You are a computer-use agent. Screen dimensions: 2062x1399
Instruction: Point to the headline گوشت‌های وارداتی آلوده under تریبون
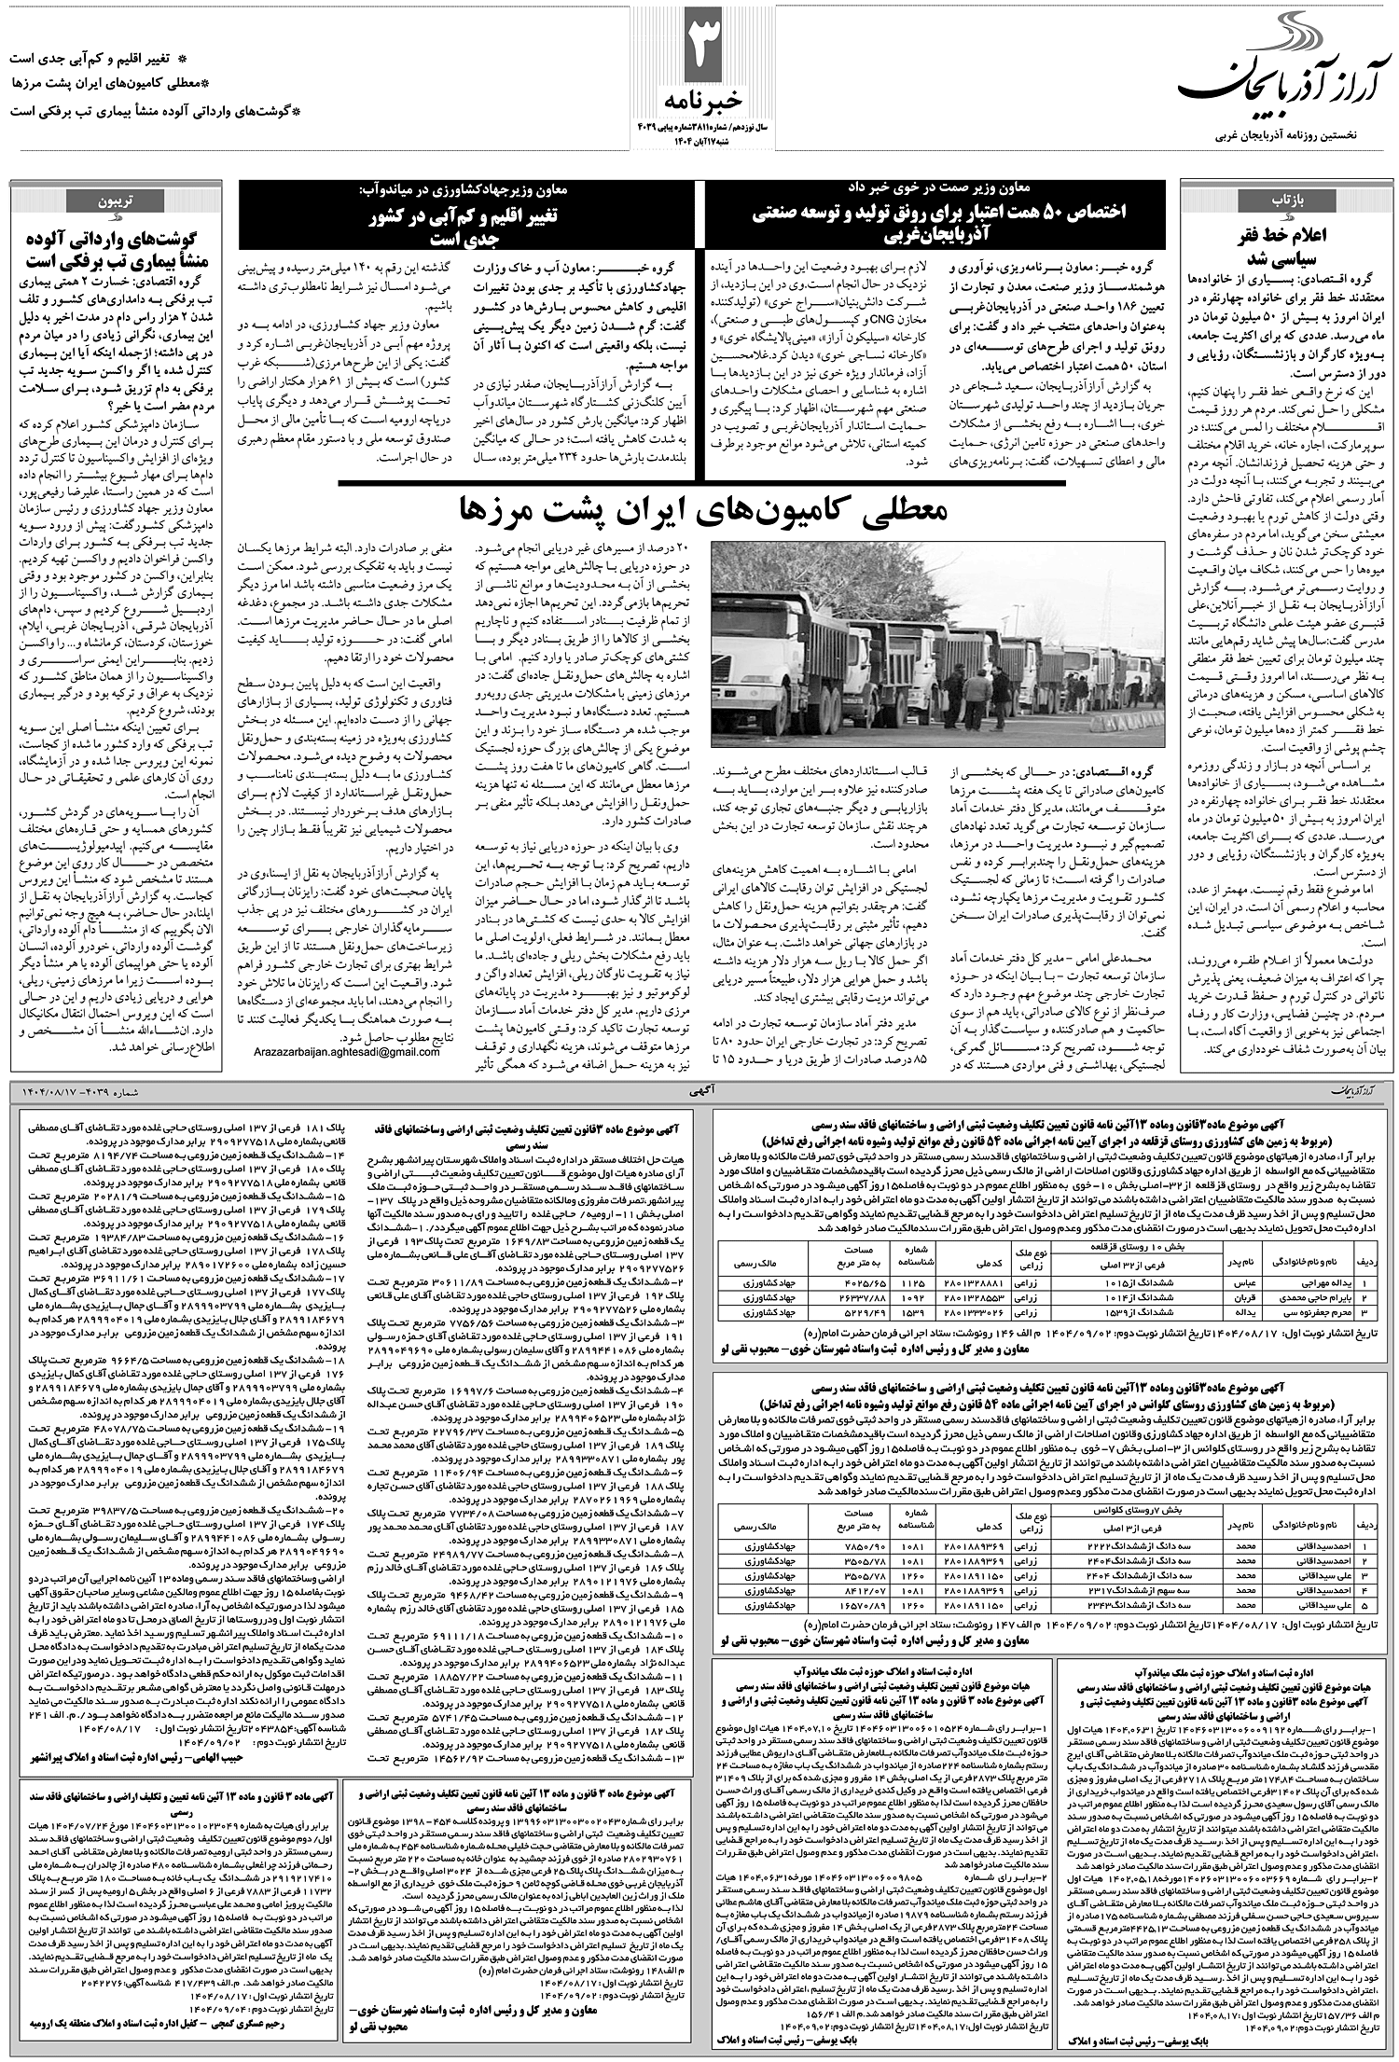(131, 246)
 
